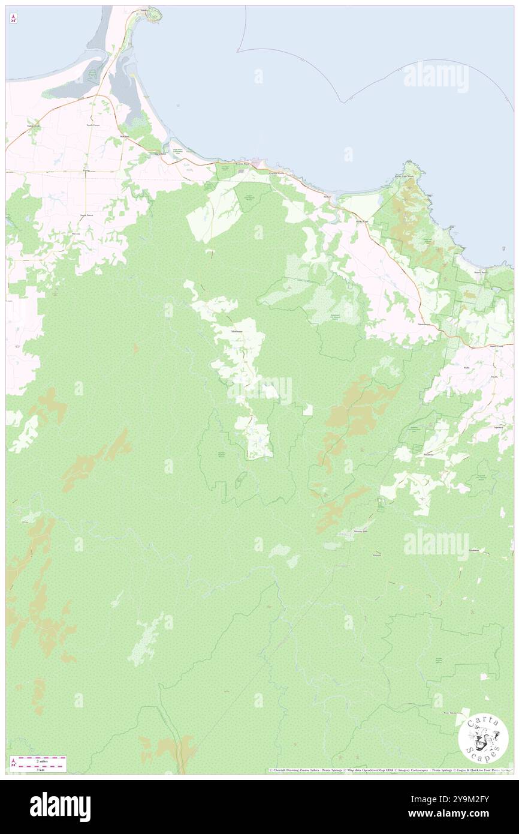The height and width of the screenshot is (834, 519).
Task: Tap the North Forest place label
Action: click(93, 125)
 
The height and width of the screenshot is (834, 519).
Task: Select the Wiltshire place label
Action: click(125, 137)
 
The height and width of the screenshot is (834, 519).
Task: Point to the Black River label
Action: click(159, 154)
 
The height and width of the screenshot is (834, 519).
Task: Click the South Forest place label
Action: click(87, 215)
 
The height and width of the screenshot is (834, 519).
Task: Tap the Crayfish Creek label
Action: click(279, 173)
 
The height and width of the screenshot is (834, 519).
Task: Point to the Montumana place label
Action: click(424, 325)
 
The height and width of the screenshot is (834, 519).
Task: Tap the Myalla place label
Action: click(494, 376)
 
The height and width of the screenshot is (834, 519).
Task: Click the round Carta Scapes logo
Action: click(483, 739)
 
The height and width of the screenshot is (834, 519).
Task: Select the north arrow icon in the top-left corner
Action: click(13, 19)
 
